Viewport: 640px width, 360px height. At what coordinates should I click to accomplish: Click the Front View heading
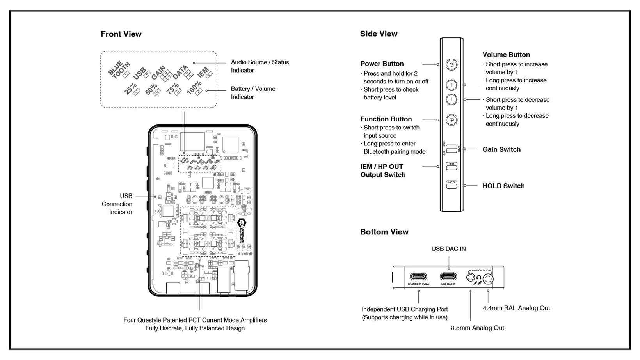click(121, 34)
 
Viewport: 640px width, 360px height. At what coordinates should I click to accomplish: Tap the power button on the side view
click(452, 65)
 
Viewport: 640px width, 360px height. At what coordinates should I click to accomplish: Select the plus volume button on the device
click(452, 85)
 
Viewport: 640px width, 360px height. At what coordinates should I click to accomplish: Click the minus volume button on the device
click(452, 99)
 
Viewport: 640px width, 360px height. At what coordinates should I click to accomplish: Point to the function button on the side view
click(452, 120)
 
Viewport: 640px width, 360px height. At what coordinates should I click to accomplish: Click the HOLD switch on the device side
click(452, 185)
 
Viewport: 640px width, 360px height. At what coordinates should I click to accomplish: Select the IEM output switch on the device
click(452, 166)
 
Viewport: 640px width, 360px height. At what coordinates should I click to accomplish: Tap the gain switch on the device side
click(452, 149)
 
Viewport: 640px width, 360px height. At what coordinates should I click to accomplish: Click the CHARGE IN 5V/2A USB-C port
click(418, 277)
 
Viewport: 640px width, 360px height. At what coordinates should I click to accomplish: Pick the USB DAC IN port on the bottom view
click(448, 277)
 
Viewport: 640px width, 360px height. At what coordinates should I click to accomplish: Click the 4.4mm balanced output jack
click(488, 279)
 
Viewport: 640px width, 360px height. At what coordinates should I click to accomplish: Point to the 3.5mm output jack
click(471, 278)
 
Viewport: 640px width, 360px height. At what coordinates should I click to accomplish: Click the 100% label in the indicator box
click(194, 88)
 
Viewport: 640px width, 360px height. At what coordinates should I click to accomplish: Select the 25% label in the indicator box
click(130, 89)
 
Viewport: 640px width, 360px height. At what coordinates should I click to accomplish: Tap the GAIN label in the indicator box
click(158, 72)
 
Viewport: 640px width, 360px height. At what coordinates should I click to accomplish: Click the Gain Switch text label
click(501, 149)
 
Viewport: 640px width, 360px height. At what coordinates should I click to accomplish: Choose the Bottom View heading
click(384, 232)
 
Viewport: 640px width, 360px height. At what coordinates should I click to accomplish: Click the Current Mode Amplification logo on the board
click(242, 230)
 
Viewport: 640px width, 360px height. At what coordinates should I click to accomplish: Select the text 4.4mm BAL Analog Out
click(516, 308)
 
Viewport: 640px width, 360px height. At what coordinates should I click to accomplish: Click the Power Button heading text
click(382, 64)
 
